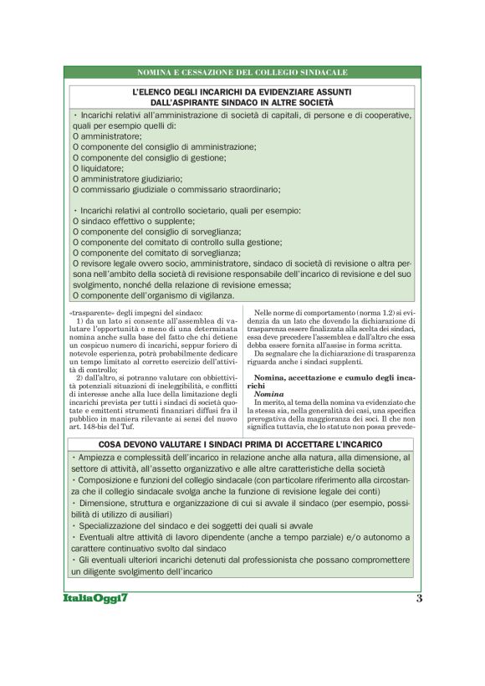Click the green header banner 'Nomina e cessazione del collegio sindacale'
242,74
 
